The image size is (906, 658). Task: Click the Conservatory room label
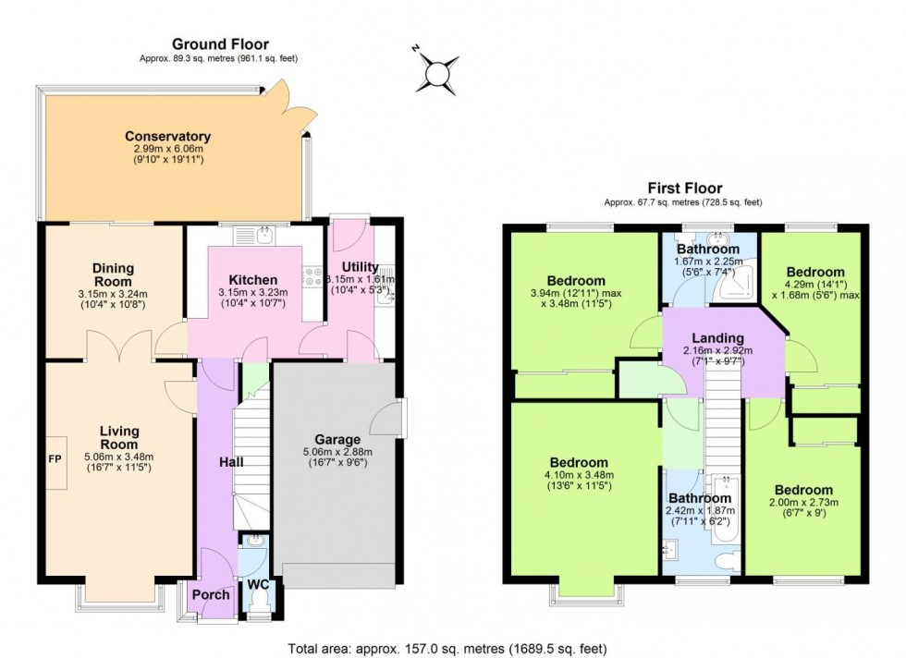tap(168, 137)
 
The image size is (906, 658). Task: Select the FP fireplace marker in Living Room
tap(55, 457)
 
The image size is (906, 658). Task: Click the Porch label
tap(211, 594)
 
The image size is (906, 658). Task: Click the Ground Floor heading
tap(220, 43)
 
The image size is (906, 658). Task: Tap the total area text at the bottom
tap(447, 649)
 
